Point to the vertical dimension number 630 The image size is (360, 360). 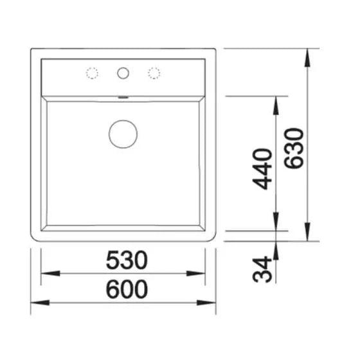click(294, 147)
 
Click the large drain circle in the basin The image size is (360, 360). click(123, 133)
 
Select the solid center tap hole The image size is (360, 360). click(123, 73)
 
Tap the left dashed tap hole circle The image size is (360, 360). click(92, 73)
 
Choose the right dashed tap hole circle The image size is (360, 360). click(154, 73)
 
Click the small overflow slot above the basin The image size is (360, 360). click(123, 98)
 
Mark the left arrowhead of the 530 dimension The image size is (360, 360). click(47, 273)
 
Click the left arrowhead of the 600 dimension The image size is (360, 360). click(37, 301)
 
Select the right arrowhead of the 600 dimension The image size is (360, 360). click(210, 301)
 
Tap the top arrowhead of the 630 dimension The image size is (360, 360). click(308, 54)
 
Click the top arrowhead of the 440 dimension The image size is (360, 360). click(277, 102)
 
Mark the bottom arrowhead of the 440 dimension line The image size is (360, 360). click(277, 224)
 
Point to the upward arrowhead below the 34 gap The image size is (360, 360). click(277, 248)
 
